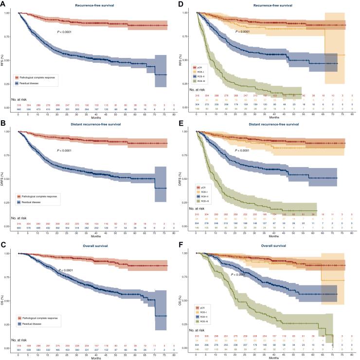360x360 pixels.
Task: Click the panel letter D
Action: [x=185, y=4]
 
